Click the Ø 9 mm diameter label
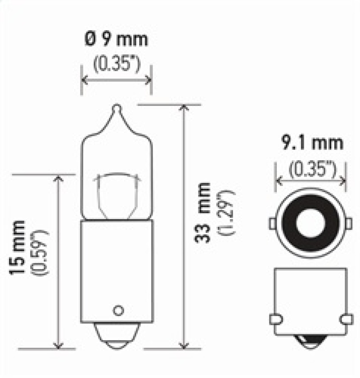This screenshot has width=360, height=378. (116, 40)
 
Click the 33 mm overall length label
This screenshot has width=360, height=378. (203, 212)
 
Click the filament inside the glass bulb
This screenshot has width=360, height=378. (116, 189)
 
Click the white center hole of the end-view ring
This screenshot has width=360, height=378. (310, 223)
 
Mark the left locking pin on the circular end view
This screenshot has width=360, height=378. (272, 223)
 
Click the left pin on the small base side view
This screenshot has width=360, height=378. (275, 319)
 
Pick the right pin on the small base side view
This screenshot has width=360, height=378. (346, 319)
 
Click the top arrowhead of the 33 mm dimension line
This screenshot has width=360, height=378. (183, 108)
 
